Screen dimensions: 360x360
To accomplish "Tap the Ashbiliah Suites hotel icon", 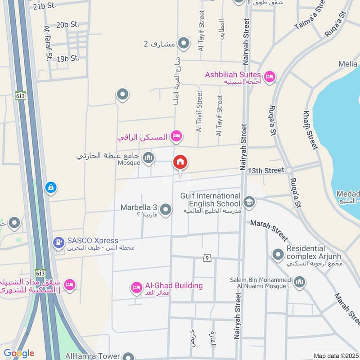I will tap(270, 76).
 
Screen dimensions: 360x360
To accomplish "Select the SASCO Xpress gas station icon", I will tap(58, 243).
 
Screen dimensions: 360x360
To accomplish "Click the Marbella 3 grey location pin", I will tap(166, 209).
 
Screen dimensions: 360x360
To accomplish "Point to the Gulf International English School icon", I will tap(249, 202).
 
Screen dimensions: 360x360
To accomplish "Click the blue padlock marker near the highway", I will tap(51, 187).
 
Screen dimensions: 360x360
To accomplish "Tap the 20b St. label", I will tap(68, 25).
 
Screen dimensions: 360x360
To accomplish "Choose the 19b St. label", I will tap(68, 58).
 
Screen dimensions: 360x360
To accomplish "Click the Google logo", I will tap(19, 353).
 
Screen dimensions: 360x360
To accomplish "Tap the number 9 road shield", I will tap(207, 258).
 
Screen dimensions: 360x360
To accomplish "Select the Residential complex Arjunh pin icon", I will tap(277, 254).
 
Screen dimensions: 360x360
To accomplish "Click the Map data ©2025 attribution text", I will tap(336, 356).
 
